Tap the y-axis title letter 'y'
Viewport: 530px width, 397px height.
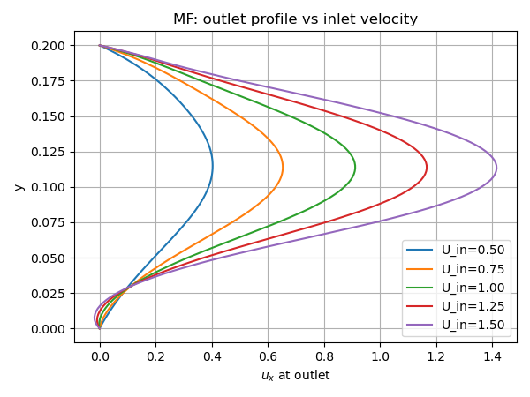[x=18, y=186]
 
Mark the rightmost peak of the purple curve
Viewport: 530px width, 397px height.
[x=496, y=168]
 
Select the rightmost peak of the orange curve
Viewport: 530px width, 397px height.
[x=283, y=167]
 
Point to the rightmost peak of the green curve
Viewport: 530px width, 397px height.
[x=355, y=167]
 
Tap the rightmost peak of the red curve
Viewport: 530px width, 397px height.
[x=427, y=167]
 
